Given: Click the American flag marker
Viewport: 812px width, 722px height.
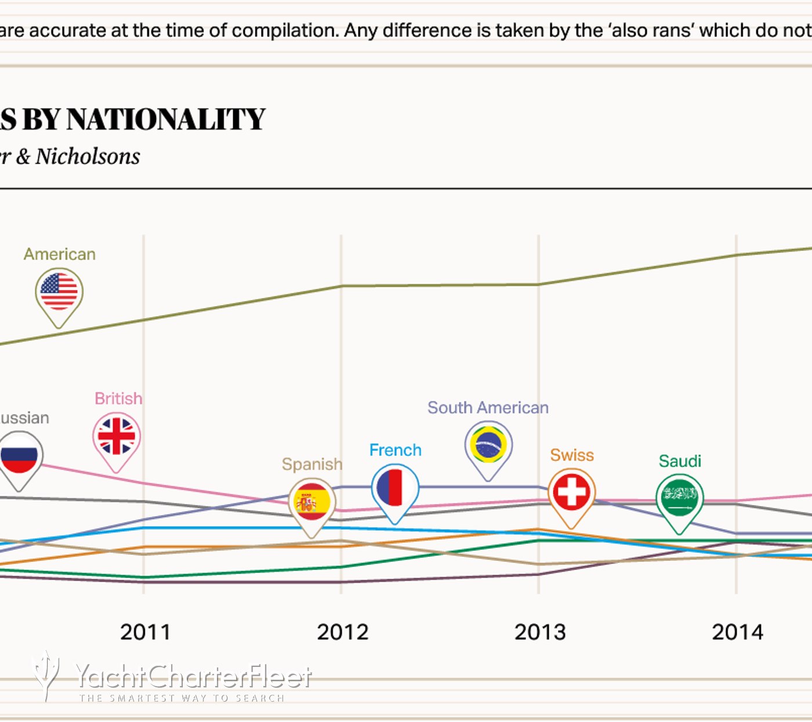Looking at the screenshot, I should click(x=59, y=292).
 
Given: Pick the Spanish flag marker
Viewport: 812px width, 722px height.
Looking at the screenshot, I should click(x=312, y=502).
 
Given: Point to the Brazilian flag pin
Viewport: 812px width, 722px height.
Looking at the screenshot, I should click(x=488, y=445).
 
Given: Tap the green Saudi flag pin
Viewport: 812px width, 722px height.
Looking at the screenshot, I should click(x=679, y=498).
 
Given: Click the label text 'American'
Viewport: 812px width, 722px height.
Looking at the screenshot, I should click(x=60, y=254).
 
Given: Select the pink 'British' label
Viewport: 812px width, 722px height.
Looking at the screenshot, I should click(x=118, y=398).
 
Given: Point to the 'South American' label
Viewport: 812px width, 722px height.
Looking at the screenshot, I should click(x=488, y=408).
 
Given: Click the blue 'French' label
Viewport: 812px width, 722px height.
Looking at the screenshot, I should click(x=395, y=450).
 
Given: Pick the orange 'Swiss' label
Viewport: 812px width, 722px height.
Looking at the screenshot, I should click(x=572, y=455).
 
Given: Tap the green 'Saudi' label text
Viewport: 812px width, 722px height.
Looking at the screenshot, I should click(x=680, y=461).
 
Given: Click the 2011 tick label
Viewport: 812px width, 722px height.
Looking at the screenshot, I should click(x=145, y=632).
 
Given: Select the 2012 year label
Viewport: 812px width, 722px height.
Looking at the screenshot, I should click(x=342, y=632).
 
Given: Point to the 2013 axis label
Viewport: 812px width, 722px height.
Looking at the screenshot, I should click(x=539, y=632).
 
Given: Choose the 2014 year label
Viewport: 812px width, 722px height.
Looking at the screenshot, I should click(x=737, y=632).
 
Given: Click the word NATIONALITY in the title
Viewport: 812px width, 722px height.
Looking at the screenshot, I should click(x=166, y=119).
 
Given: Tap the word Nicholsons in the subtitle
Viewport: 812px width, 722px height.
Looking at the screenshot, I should click(x=88, y=157).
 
